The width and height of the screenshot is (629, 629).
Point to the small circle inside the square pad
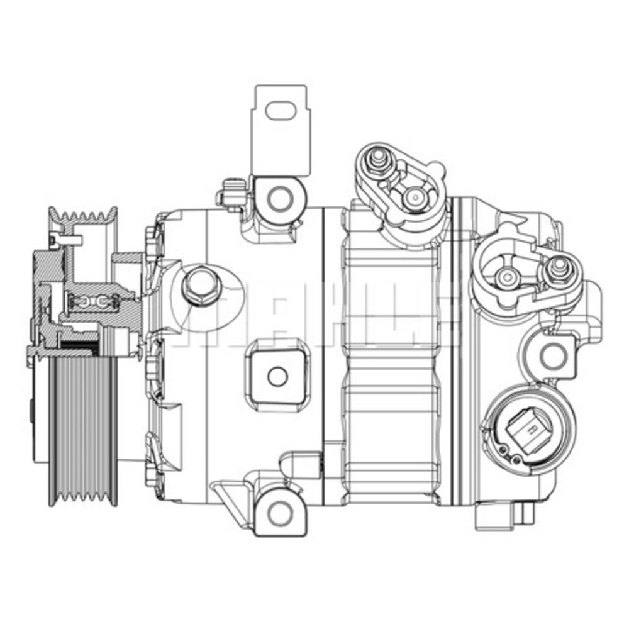[277, 377]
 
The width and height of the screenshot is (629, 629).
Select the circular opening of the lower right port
[506, 276]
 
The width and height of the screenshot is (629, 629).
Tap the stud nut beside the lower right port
[556, 270]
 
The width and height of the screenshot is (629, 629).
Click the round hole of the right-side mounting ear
[553, 355]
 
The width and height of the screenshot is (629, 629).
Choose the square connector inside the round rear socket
[530, 431]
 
